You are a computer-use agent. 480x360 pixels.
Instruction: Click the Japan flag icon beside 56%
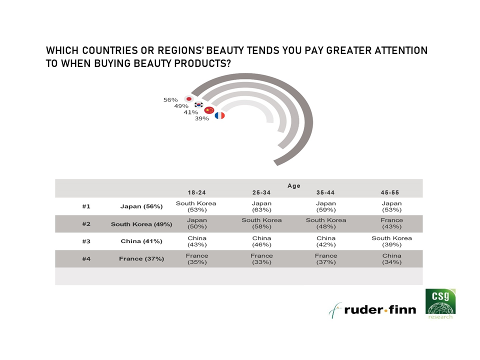point(189,99)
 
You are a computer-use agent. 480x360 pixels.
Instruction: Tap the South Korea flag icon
point(199,104)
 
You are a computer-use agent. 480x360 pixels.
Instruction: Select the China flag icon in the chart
point(209,110)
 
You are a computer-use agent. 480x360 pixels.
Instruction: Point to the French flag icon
point(220,115)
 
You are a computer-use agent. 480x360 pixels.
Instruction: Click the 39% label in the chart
point(201,118)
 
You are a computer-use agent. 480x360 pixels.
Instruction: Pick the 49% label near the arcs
point(181,106)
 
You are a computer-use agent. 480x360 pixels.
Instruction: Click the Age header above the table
point(294,186)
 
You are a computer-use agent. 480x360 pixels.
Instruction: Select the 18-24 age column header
point(197,192)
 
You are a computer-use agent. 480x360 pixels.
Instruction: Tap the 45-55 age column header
point(390,192)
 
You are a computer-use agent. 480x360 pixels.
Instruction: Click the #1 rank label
point(86,206)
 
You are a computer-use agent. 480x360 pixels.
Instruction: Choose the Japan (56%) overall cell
point(141,206)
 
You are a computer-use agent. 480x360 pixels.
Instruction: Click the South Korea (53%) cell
point(196,206)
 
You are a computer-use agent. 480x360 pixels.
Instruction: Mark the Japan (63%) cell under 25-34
point(261,206)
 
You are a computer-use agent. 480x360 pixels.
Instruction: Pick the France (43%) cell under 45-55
point(392,223)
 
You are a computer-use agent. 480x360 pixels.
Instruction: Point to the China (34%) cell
point(392,259)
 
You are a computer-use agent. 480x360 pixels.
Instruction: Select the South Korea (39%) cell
point(392,241)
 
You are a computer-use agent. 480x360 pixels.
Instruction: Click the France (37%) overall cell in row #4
point(141,258)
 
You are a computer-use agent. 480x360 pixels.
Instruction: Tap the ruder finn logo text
point(380,310)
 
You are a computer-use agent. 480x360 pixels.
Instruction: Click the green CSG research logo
point(440,304)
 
